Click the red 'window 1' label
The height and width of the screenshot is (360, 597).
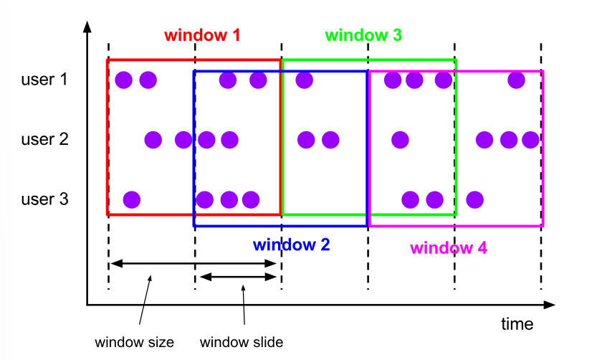click(202, 34)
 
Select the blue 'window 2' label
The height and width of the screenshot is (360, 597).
click(291, 244)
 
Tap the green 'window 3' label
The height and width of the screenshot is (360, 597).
click(363, 34)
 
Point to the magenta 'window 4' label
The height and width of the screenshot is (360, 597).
click(449, 248)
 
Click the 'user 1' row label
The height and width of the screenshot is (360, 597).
click(44, 80)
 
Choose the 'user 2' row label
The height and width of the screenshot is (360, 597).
click(44, 139)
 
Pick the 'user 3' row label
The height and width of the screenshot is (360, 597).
click(44, 199)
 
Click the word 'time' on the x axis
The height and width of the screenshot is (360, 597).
click(517, 324)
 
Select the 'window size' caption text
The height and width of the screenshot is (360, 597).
click(134, 342)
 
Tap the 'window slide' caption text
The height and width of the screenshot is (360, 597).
click(242, 342)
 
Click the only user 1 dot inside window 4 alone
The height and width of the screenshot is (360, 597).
click(516, 80)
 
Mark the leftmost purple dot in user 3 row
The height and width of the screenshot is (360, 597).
click(131, 199)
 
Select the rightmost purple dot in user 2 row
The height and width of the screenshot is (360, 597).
click(530, 139)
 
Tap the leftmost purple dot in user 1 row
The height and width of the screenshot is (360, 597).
click(123, 80)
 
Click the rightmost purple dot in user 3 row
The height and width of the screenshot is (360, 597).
click(474, 199)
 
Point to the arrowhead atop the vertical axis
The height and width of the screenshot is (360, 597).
click(87, 27)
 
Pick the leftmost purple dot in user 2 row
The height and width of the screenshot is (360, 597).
click(153, 139)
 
